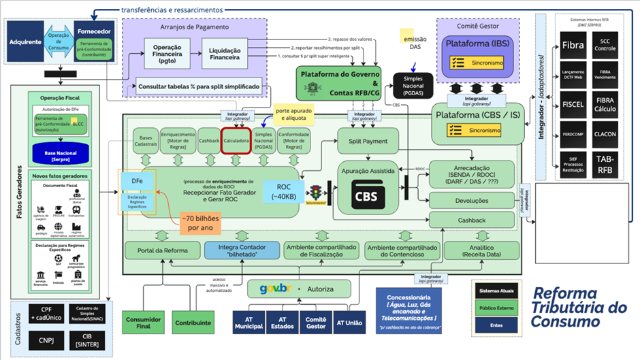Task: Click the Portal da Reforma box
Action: pos(162,250)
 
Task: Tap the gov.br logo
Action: pos(276,289)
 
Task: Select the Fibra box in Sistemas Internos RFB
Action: pos(573,46)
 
